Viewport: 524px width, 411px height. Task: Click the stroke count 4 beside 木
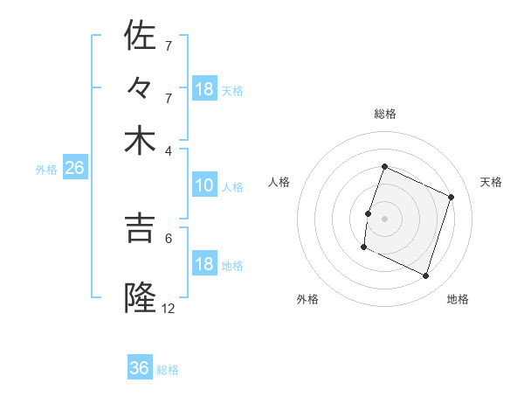pos(169,150)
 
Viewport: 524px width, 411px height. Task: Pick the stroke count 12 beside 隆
pos(169,308)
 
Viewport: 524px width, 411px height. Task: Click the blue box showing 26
pos(74,169)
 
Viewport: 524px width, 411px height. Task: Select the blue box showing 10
pos(204,185)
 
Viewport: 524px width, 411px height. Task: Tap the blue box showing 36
pos(140,368)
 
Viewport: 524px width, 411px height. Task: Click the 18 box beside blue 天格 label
pos(204,88)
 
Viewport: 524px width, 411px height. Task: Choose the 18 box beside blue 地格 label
pos(204,264)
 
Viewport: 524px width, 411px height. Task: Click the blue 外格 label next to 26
pos(46,170)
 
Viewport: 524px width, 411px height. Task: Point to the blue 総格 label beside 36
pos(168,370)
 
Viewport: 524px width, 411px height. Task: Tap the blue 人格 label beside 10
pos(232,186)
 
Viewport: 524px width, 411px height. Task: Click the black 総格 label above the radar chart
pos(385,114)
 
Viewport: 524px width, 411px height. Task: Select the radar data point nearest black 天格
pos(452,197)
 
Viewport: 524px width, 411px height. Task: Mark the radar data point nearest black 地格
pos(426,276)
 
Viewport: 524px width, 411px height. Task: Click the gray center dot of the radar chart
pos(385,218)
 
